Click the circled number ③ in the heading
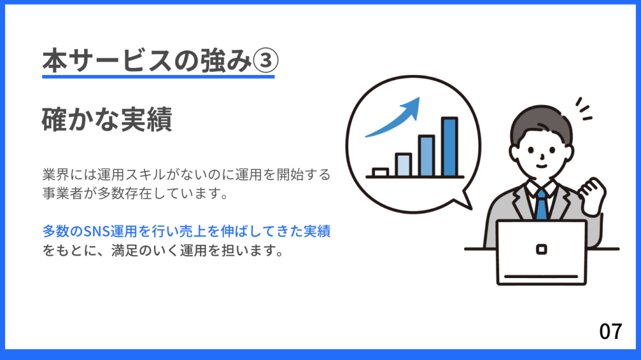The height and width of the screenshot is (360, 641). click(265, 60)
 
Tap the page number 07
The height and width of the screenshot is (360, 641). click(611, 331)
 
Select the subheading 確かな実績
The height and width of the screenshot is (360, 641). click(107, 119)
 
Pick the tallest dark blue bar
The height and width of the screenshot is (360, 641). click(449, 147)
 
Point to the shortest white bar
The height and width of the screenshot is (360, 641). click(380, 172)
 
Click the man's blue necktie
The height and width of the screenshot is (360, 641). click(541, 204)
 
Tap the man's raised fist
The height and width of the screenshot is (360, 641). click(593, 196)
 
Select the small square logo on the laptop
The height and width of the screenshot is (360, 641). click(541, 249)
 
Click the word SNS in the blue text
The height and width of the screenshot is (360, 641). click(96, 232)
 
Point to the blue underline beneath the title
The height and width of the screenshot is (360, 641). click(158, 76)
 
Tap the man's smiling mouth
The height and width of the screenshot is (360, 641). click(541, 167)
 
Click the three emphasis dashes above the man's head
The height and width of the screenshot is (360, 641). click(584, 109)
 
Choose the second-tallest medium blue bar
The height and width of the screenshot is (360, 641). click(426, 156)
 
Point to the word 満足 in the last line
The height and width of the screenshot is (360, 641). click(125, 250)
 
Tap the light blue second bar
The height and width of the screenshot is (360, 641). click(403, 165)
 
